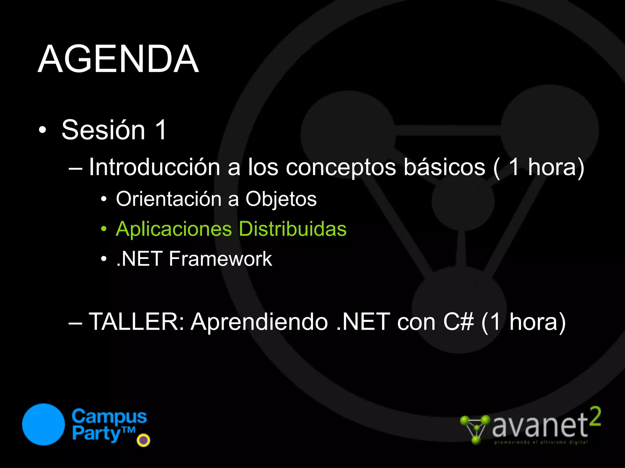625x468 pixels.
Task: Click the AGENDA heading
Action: click(x=118, y=59)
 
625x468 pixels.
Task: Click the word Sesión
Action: click(x=103, y=130)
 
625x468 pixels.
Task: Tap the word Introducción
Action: click(x=154, y=167)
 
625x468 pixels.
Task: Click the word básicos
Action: click(x=444, y=167)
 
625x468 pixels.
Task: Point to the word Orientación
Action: click(x=168, y=199)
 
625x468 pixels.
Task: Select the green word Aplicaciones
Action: click(x=174, y=229)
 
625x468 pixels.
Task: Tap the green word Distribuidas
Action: click(x=292, y=229)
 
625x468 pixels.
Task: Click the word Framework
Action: click(x=220, y=259)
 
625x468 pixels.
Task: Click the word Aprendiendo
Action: click(x=259, y=322)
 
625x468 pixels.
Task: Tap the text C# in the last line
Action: click(x=458, y=322)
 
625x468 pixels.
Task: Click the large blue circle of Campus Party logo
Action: click(x=44, y=424)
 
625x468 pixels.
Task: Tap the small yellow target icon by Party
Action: click(x=143, y=440)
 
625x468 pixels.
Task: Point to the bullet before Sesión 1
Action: click(x=43, y=130)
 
